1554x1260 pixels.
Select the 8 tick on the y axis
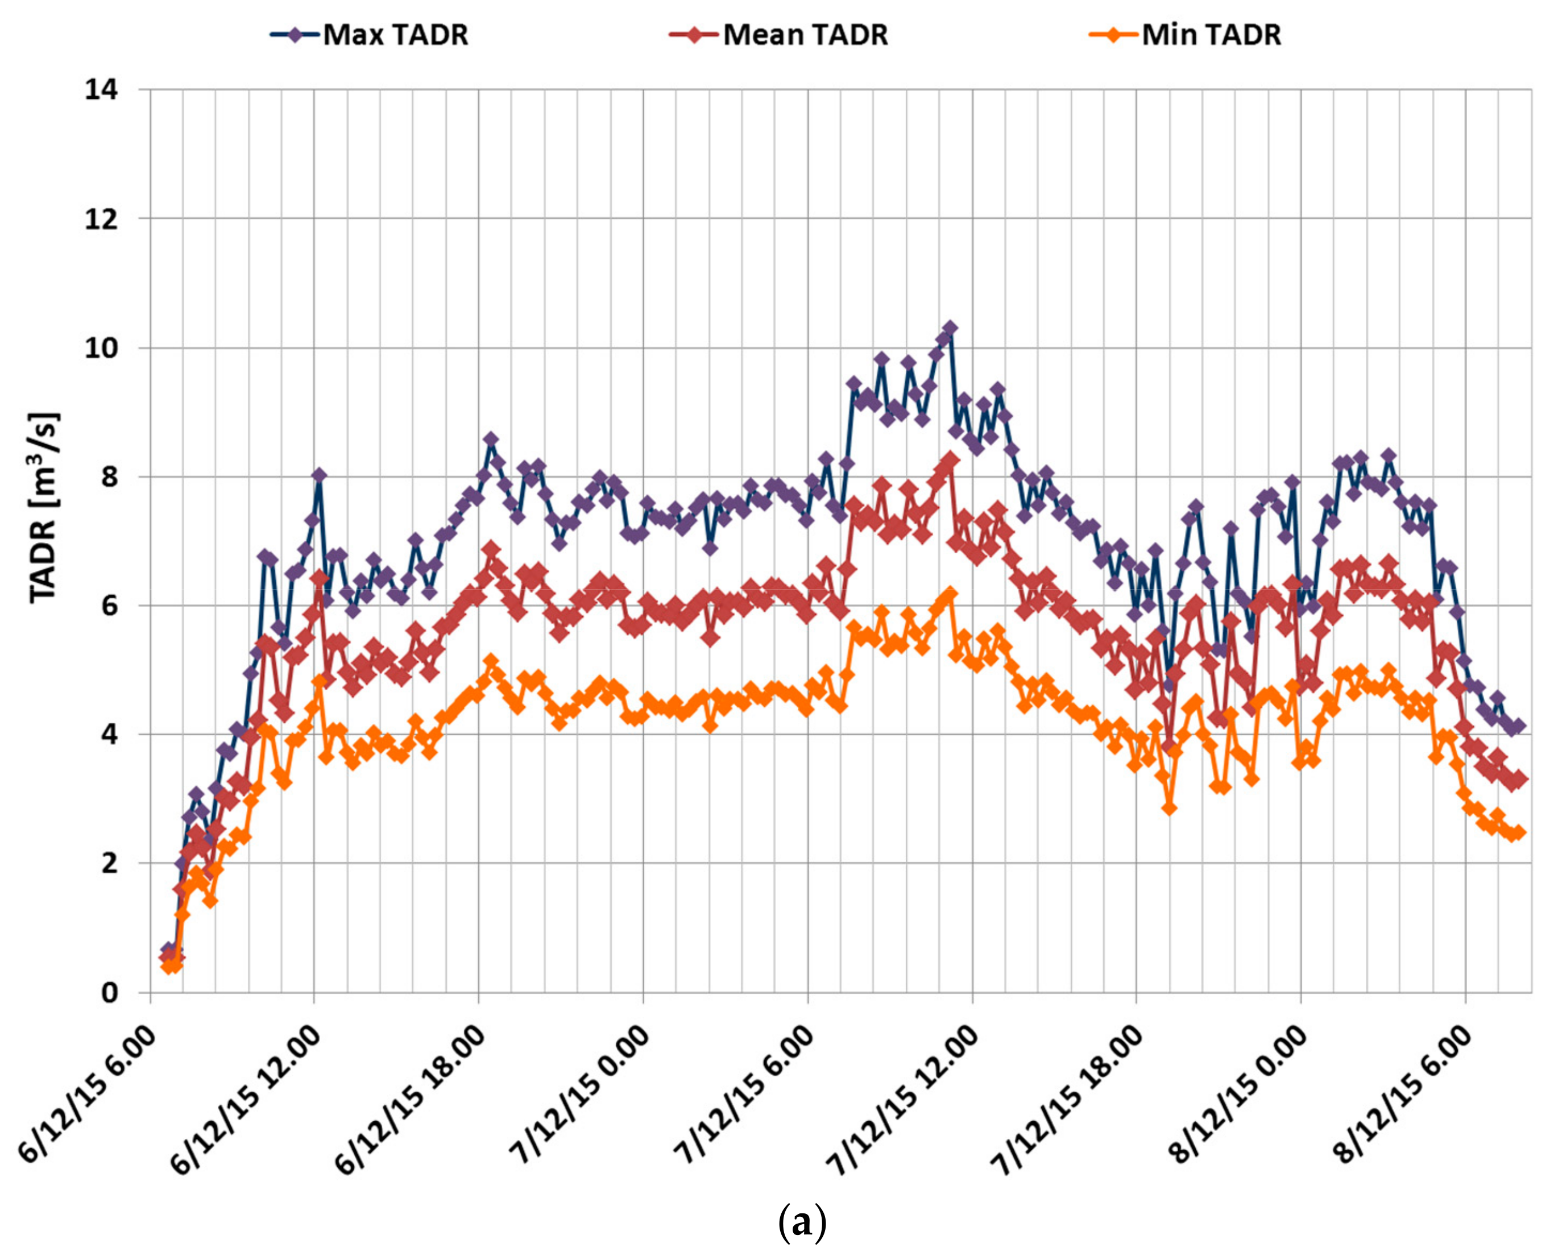[109, 478]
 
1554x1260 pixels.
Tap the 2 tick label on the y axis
[109, 864]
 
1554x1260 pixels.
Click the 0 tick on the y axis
[109, 992]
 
